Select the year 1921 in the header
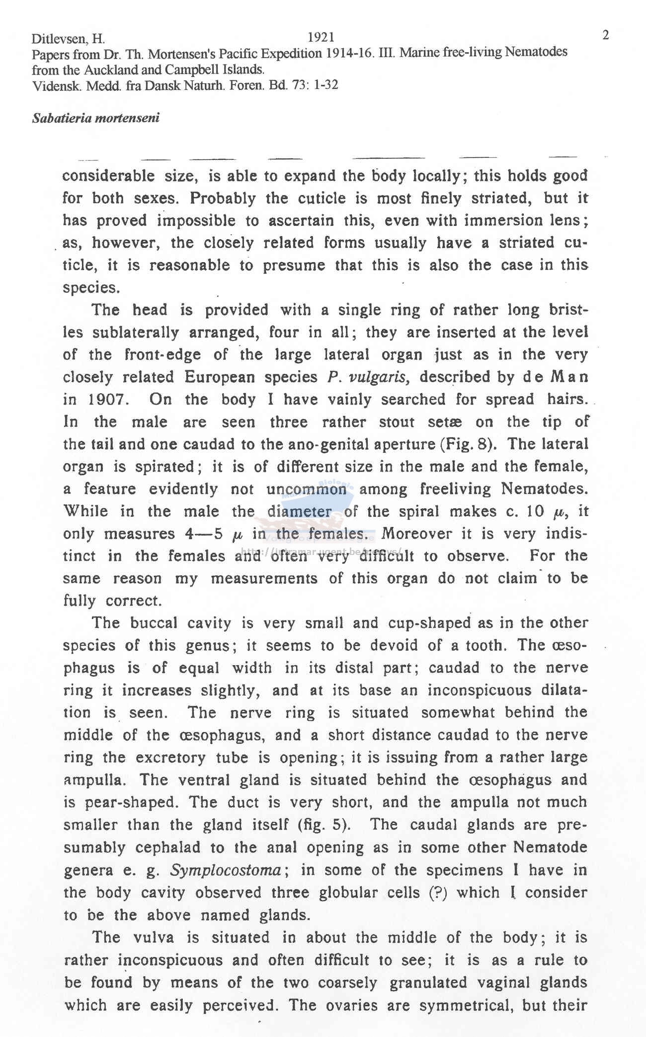[321, 37]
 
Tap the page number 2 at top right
[605, 35]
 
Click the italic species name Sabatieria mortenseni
[95, 119]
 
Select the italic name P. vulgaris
[368, 377]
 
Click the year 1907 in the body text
[109, 400]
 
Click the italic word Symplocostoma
[227, 870]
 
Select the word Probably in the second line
[223, 199]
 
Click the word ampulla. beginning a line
[95, 780]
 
